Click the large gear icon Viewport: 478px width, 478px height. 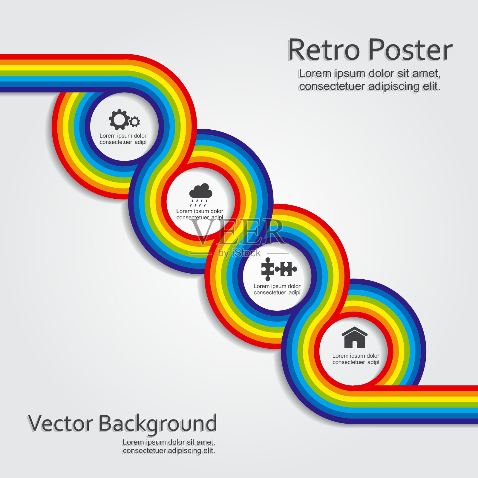point(119,119)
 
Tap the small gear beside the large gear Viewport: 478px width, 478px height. point(135,122)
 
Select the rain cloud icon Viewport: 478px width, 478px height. point(201,195)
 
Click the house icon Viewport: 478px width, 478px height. point(355,338)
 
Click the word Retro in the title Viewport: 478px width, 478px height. point(324,50)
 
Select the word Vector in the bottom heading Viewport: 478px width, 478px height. point(60,423)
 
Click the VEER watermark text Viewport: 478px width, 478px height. point(238,232)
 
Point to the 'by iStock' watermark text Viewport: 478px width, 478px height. point(239,253)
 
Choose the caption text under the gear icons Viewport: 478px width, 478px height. point(123,139)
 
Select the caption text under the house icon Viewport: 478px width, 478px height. point(356,359)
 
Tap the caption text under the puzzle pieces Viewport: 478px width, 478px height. point(277,289)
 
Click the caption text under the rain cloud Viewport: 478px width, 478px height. point(200,214)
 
